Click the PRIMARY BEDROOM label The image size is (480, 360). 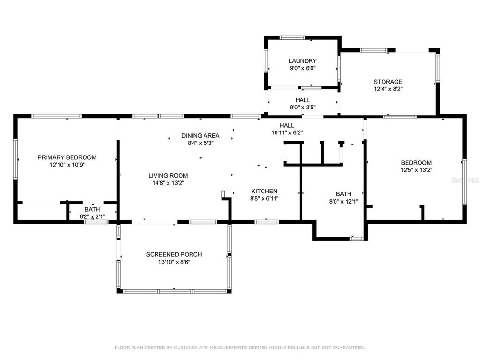[x=67, y=157]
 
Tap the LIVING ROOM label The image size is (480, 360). [x=168, y=175]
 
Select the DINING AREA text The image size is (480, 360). [x=201, y=136]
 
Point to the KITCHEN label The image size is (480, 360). [x=264, y=191]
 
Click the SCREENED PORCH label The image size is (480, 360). [x=174, y=254]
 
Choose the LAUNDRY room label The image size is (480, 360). [x=302, y=61]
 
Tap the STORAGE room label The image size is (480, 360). [x=388, y=82]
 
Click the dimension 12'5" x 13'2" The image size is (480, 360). [x=416, y=170]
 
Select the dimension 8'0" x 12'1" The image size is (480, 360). [x=344, y=202]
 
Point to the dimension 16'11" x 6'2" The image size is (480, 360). [x=287, y=133]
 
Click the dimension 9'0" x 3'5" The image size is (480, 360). [x=302, y=108]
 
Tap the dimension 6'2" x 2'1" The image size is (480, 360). [x=92, y=217]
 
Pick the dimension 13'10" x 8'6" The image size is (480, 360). [x=174, y=262]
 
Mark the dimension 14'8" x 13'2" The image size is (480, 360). [x=168, y=183]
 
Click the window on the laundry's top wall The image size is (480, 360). [x=292, y=37]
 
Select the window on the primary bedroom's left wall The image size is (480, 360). [x=15, y=159]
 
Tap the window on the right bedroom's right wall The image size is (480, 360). [x=464, y=182]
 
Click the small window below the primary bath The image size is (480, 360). [x=96, y=222]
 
